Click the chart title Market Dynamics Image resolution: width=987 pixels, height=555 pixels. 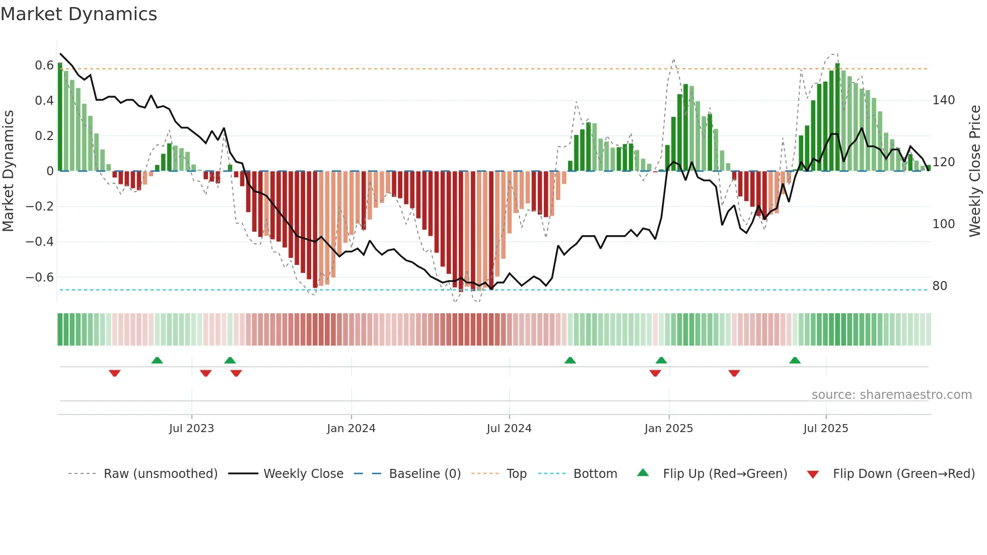(x=79, y=14)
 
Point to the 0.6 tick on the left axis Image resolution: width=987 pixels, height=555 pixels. (x=44, y=65)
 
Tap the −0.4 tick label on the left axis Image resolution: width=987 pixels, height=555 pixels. (x=40, y=242)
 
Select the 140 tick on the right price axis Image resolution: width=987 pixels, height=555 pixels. (x=943, y=100)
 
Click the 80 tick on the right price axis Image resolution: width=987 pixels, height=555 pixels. (x=940, y=286)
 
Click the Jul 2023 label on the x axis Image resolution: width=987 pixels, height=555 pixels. (x=191, y=429)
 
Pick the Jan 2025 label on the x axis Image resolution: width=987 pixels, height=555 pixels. (x=668, y=429)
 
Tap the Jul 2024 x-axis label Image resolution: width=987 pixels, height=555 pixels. (x=509, y=429)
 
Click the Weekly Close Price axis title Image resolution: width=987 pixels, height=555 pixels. (x=975, y=171)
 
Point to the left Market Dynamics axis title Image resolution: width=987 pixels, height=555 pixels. (x=8, y=171)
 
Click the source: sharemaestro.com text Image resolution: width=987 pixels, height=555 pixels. (x=891, y=395)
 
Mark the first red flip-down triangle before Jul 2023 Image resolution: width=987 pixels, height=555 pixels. (x=115, y=373)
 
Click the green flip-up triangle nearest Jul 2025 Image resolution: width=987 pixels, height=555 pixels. (x=795, y=360)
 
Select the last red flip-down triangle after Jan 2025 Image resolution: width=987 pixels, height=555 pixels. (x=734, y=373)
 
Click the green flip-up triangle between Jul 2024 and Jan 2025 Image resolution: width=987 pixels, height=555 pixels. (x=570, y=360)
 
